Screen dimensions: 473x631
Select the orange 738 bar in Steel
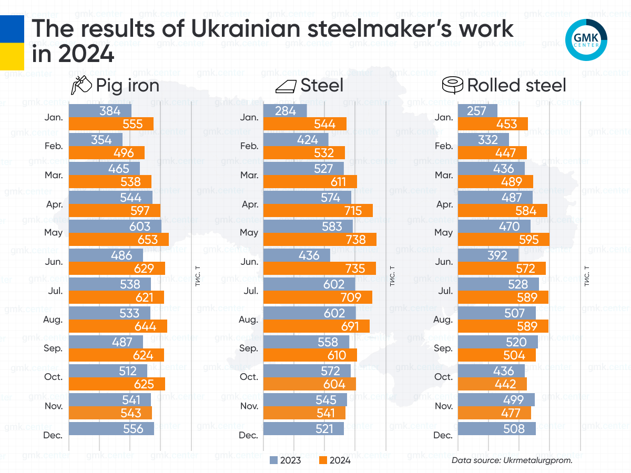click(320, 240)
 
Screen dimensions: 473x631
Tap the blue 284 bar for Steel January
click(284, 111)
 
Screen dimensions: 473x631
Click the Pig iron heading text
click(127, 85)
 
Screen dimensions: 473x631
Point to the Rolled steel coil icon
click(452, 85)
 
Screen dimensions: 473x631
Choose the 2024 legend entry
click(335, 460)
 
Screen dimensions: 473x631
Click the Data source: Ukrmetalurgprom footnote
click(512, 460)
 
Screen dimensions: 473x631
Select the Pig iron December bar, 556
click(111, 429)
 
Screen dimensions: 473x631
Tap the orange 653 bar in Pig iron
click(119, 240)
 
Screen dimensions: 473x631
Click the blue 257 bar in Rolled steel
click(477, 111)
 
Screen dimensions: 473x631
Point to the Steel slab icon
click(286, 86)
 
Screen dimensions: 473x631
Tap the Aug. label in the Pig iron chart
click(53, 319)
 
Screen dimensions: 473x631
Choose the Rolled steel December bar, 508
click(497, 429)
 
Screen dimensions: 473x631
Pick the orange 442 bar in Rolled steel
click(492, 384)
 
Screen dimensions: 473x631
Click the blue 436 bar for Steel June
click(297, 255)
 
